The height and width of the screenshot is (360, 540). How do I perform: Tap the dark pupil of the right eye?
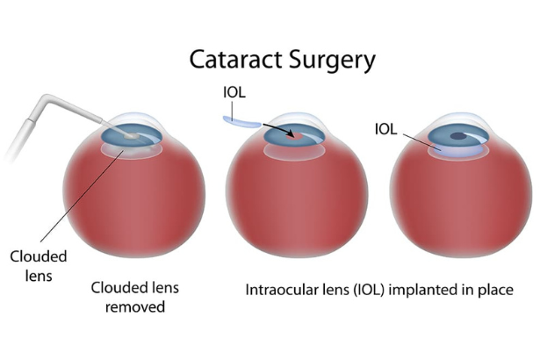(459, 135)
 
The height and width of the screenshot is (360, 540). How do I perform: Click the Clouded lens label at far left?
(32, 265)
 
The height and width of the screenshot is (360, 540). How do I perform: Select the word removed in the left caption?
(135, 307)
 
